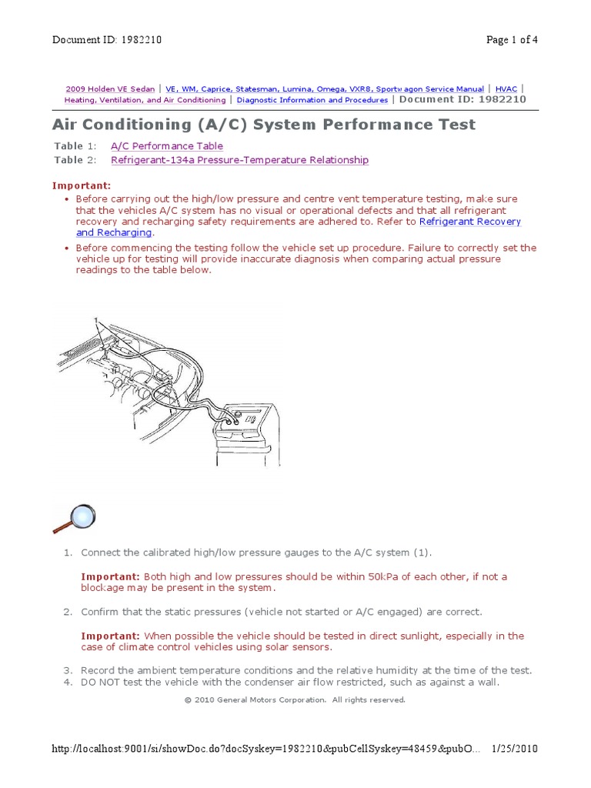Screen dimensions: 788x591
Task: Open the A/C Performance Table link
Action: coord(166,146)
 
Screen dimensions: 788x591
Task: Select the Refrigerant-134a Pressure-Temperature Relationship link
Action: coord(239,160)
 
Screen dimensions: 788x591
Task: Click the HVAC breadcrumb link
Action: coord(506,89)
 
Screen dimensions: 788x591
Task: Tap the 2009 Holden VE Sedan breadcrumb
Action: coord(110,89)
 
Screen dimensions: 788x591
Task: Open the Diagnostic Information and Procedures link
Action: coord(312,100)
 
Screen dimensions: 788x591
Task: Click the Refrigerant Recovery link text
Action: coord(469,222)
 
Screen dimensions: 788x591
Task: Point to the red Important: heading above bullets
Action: coord(82,185)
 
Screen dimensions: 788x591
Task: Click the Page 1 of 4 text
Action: coord(512,41)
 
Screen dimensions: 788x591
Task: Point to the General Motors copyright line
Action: coord(295,700)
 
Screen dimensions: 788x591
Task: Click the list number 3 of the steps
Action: coord(68,670)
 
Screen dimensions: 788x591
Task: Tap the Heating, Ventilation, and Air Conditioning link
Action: coord(145,100)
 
